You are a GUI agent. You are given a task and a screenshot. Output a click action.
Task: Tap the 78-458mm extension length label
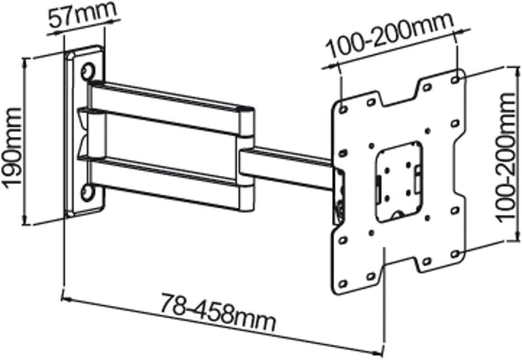(x=217, y=313)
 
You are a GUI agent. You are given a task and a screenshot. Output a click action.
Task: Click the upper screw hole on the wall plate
(x=88, y=72)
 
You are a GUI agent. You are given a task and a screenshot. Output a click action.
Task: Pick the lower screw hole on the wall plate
(x=88, y=192)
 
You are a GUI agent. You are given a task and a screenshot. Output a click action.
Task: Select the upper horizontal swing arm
(x=167, y=102)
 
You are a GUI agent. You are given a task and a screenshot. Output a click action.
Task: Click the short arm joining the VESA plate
(x=290, y=164)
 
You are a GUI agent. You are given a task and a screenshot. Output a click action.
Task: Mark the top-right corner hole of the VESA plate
(x=455, y=75)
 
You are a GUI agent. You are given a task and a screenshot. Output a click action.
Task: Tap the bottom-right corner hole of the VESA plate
(x=455, y=254)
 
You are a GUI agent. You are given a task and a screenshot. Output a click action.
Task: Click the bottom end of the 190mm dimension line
(x=26, y=224)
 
